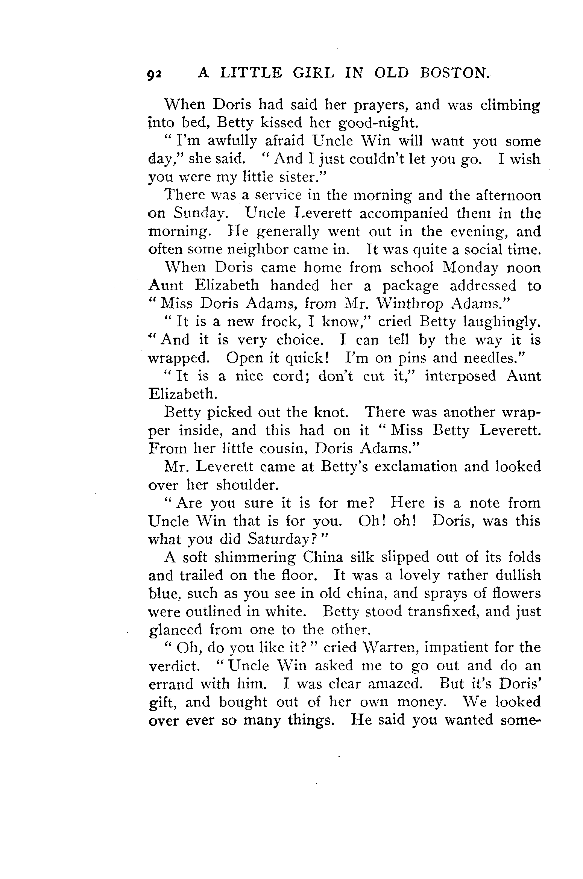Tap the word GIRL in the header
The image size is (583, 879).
pos(313,73)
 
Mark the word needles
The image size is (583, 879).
pos(494,358)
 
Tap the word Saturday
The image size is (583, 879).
pos(281,540)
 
